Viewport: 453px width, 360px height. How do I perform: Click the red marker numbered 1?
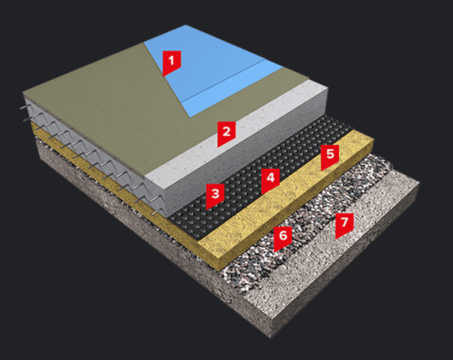tap(172, 60)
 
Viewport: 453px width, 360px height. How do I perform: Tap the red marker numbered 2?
tap(225, 134)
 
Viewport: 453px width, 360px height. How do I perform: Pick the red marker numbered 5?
tap(328, 157)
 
